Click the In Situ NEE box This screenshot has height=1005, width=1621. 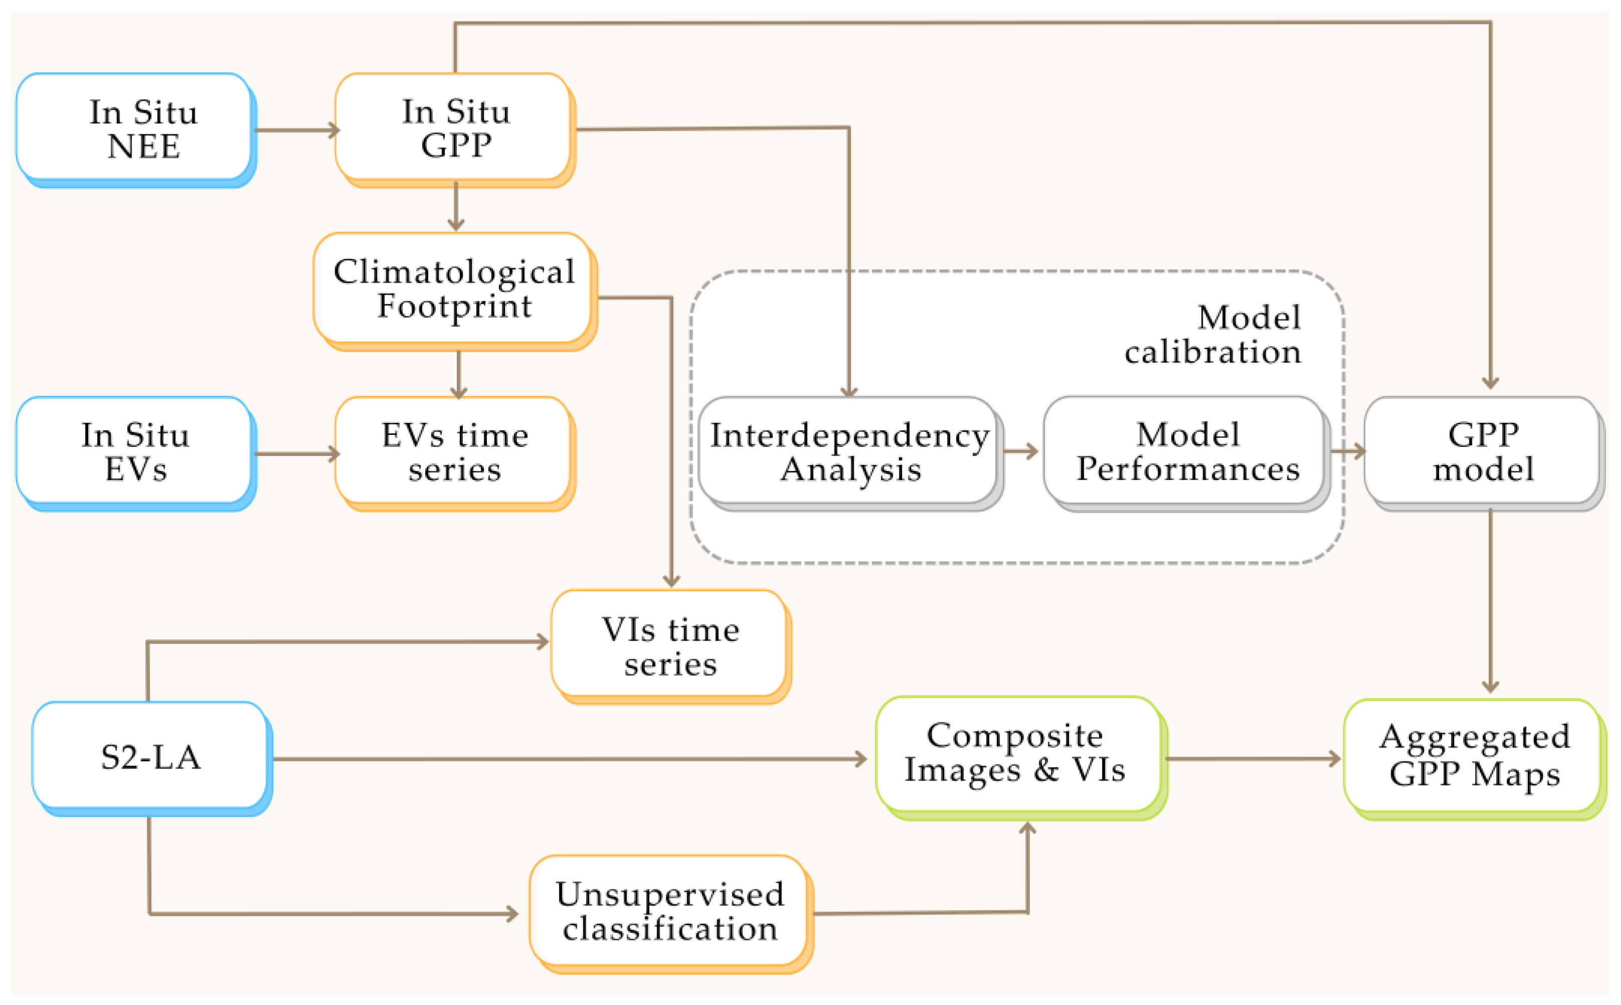tap(135, 128)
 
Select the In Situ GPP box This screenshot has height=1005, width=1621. tap(455, 128)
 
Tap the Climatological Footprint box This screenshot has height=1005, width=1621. tap(455, 289)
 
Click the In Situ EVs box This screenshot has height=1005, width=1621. tap(135, 451)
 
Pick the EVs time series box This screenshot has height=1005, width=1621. tap(455, 451)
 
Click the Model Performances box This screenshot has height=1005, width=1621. tap(1186, 451)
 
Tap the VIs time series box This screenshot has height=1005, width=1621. tap(670, 645)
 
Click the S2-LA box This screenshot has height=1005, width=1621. tap(151, 757)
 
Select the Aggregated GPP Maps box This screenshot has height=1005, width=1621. tap(1473, 757)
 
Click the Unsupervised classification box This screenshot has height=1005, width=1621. tap(670, 911)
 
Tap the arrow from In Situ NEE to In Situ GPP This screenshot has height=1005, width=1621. tap(296, 130)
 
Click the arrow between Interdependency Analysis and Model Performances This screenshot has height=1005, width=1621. tap(1020, 451)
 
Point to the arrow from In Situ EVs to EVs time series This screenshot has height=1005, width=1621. tap(296, 454)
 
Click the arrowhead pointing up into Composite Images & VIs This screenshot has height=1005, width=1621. tap(1027, 828)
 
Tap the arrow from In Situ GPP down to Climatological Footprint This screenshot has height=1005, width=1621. tap(455, 206)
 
